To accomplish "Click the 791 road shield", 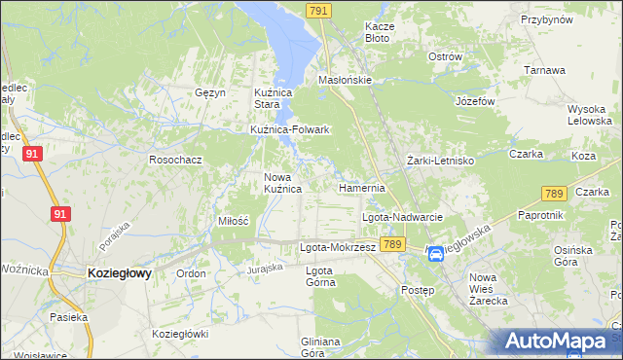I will (x=318, y=11).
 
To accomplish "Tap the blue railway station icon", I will (x=436, y=254).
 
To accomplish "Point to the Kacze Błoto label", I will (x=377, y=32).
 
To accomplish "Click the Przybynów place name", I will (x=544, y=18).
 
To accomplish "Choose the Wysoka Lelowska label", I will (x=587, y=114).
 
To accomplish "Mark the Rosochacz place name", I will (x=175, y=159).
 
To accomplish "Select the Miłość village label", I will (x=233, y=221).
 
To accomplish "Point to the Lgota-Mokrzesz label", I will (x=337, y=247).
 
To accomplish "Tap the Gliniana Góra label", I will (x=319, y=346).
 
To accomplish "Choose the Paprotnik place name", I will (x=541, y=214).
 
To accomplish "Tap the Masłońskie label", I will (x=346, y=81).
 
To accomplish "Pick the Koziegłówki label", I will (x=180, y=334).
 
